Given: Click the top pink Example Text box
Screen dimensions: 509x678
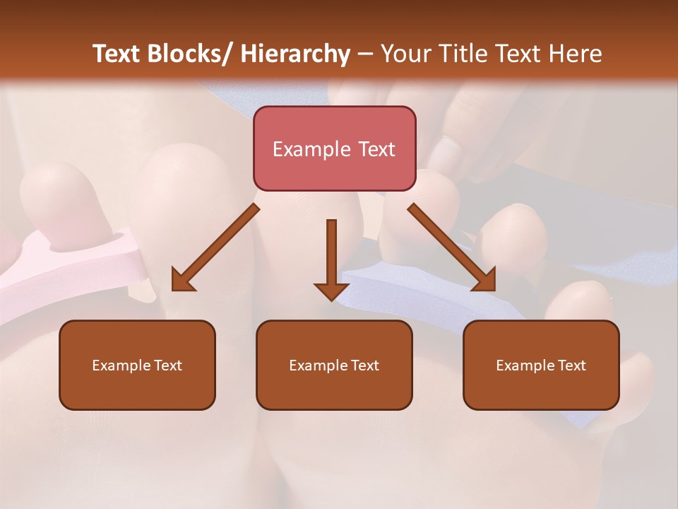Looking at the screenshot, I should tap(334, 148).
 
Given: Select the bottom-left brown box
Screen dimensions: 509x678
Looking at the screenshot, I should tap(137, 365).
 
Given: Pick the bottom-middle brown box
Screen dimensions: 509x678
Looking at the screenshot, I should tap(334, 365).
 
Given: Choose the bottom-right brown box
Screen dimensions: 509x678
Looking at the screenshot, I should tap(541, 365).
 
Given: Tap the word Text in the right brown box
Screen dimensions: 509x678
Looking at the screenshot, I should tap(571, 365).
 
